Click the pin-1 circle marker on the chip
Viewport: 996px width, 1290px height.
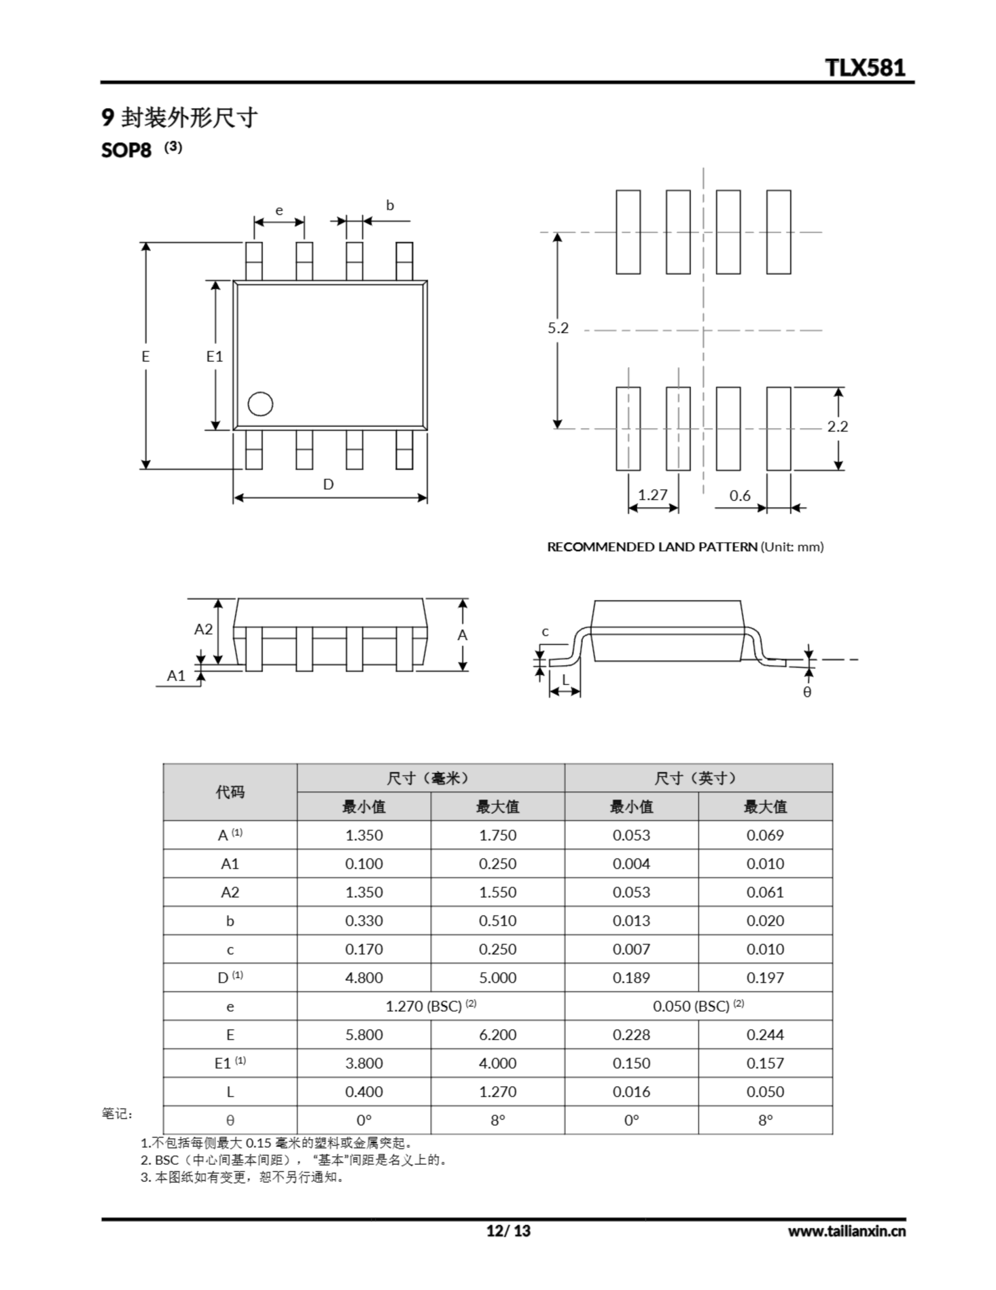260,404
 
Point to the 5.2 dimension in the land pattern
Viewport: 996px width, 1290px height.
558,328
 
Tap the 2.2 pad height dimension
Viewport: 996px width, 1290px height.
837,426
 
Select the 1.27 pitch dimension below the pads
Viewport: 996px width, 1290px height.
653,494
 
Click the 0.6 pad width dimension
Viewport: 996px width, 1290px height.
739,495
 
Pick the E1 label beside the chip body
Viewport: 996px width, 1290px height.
215,356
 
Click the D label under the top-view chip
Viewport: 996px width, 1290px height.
328,484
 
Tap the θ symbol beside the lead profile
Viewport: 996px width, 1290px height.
807,692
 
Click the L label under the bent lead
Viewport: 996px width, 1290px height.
565,680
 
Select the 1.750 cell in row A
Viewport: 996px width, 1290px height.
497,835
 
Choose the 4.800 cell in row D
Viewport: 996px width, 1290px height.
364,978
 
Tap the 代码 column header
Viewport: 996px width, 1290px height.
230,792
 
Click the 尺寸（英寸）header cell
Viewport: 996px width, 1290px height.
698,778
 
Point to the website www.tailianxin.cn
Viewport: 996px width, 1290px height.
846,1231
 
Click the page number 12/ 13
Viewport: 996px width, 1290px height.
509,1231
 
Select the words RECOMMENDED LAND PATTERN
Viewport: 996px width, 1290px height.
652,547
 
